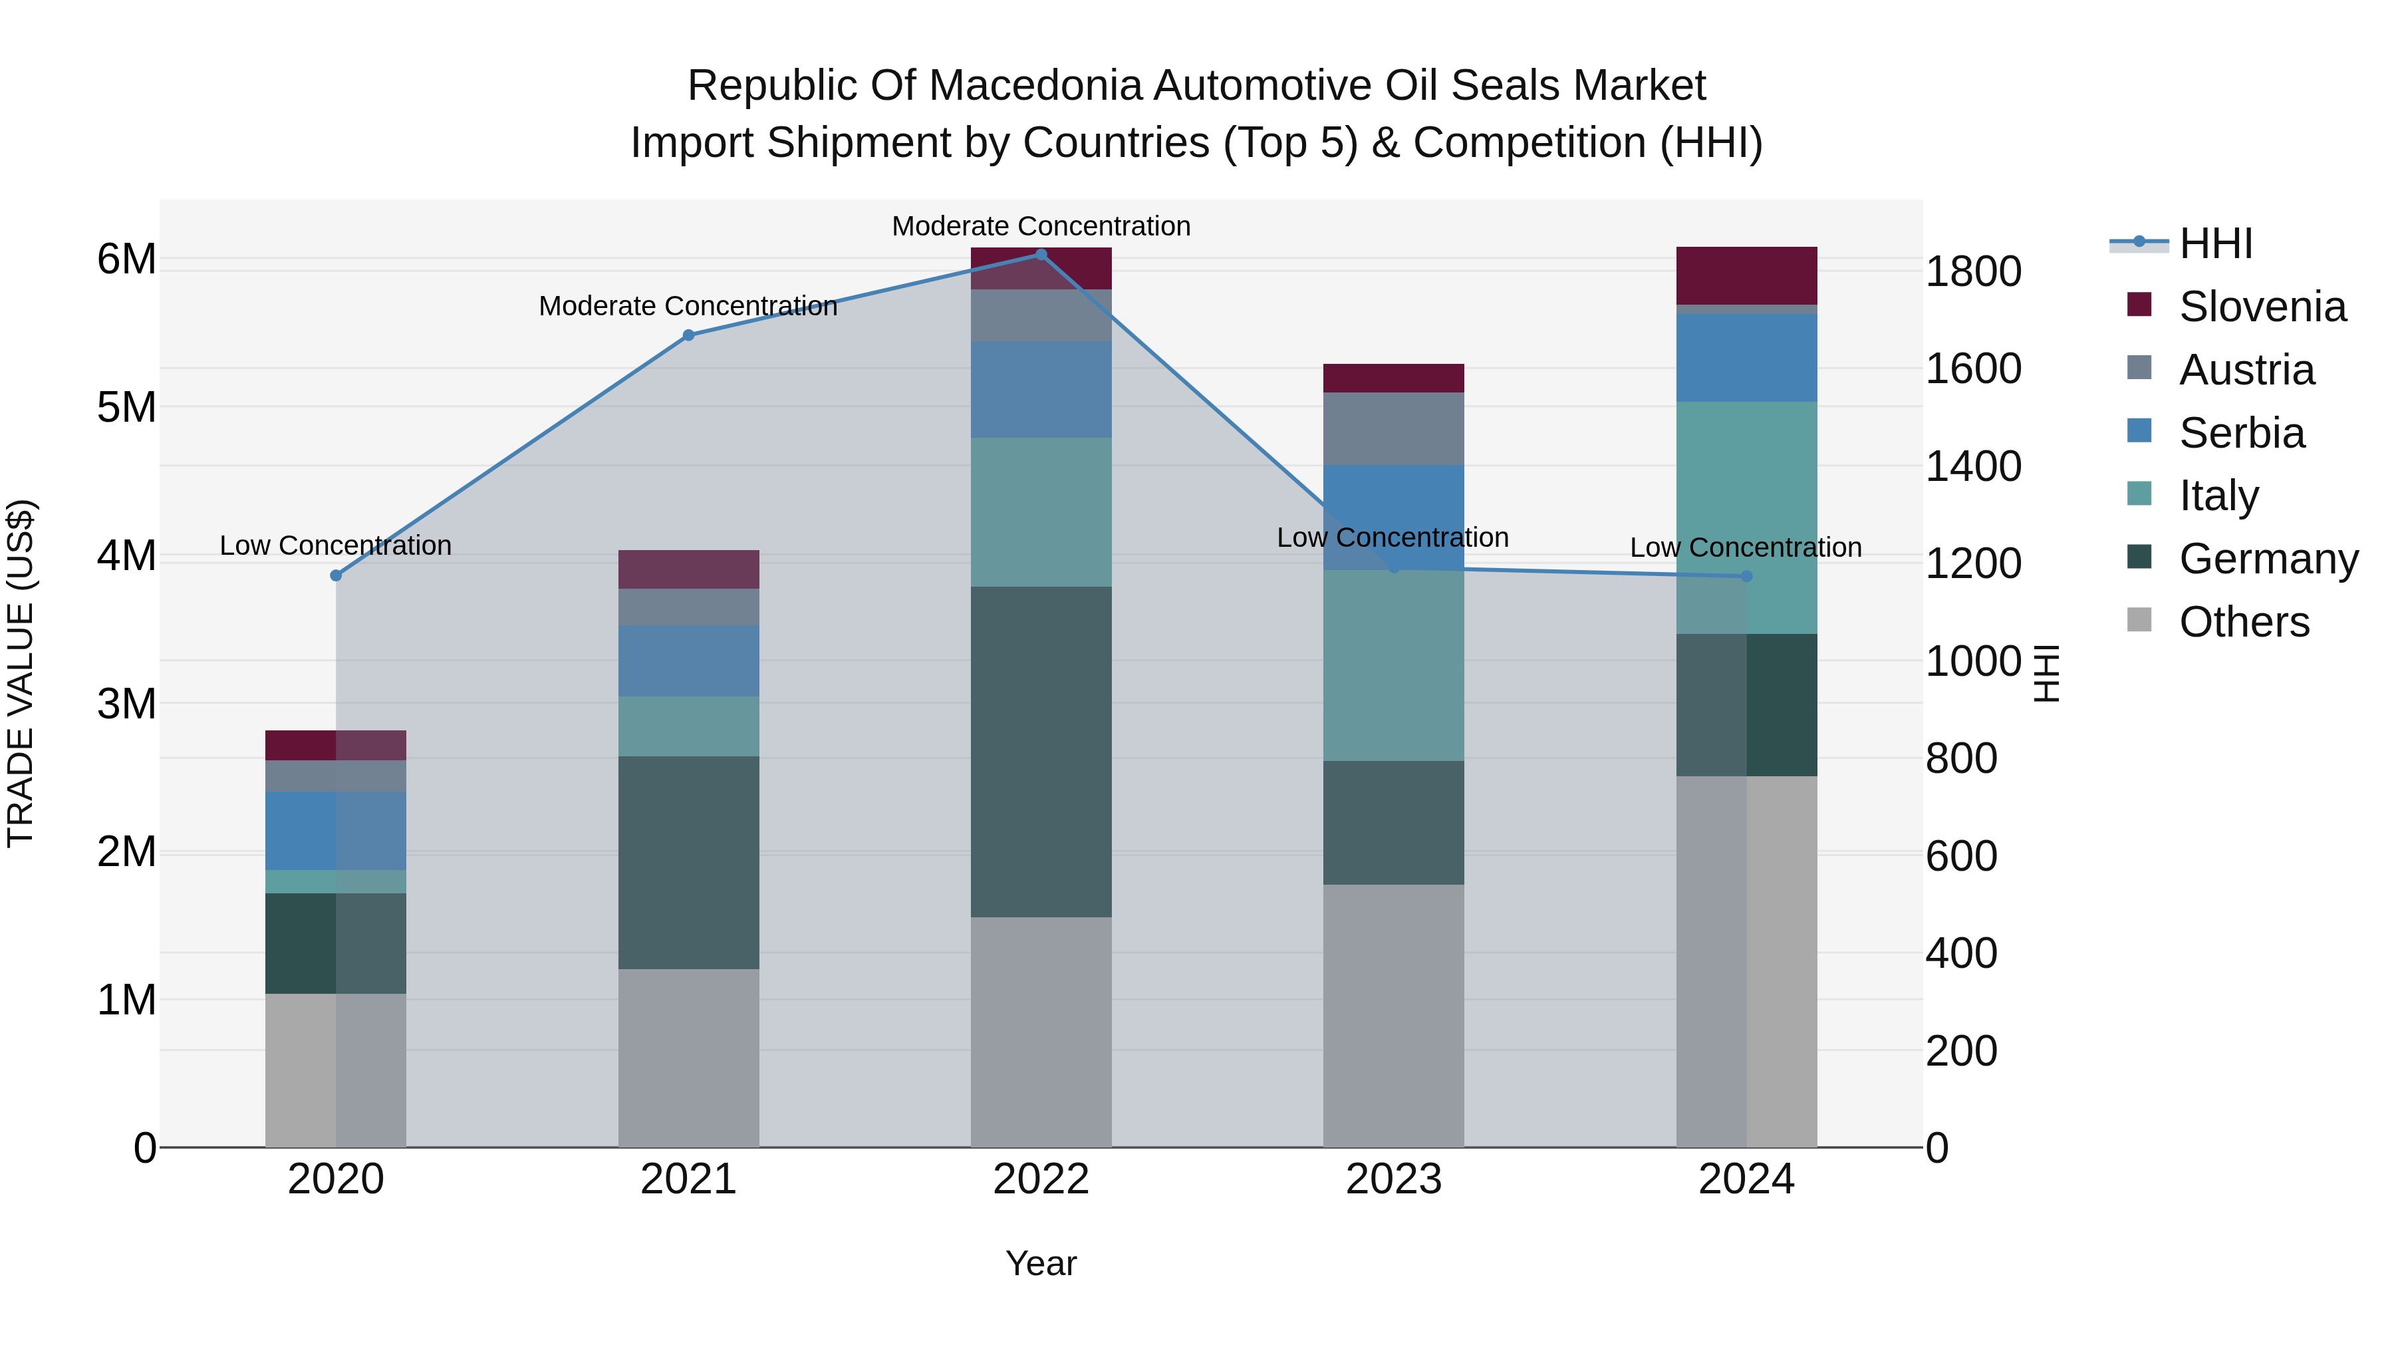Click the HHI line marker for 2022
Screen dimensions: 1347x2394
(x=1041, y=255)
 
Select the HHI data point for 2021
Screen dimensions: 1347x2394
(x=689, y=336)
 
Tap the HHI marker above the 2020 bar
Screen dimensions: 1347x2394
(x=336, y=575)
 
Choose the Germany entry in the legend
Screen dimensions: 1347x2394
(x=2267, y=559)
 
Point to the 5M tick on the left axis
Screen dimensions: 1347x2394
(x=126, y=407)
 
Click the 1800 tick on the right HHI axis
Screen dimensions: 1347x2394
(x=1973, y=271)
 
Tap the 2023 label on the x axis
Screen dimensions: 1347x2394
(x=1393, y=1179)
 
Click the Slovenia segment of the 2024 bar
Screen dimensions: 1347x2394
(x=1746, y=275)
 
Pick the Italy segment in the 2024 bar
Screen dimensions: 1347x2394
(x=1746, y=517)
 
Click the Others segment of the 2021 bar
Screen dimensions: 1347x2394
(x=689, y=1058)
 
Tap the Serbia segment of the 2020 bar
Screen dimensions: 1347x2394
(x=336, y=830)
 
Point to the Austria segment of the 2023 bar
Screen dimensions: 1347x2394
(x=1393, y=428)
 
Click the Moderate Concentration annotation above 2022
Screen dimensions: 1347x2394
(x=1041, y=226)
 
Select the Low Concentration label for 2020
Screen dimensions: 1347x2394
(x=336, y=545)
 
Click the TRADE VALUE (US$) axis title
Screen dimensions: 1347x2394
(x=21, y=674)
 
